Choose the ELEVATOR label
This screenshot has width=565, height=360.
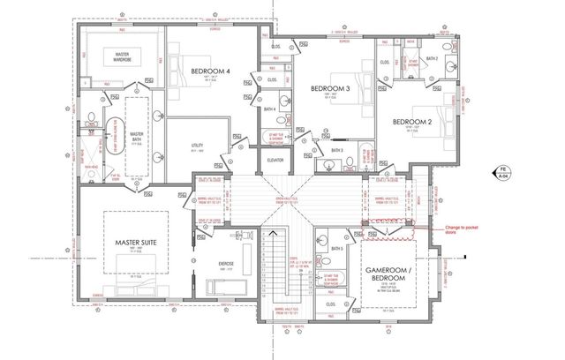[275, 160]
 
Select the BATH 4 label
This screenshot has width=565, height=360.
[269, 109]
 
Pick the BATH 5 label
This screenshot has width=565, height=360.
[336, 249]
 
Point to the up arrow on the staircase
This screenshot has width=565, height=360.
[275, 231]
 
